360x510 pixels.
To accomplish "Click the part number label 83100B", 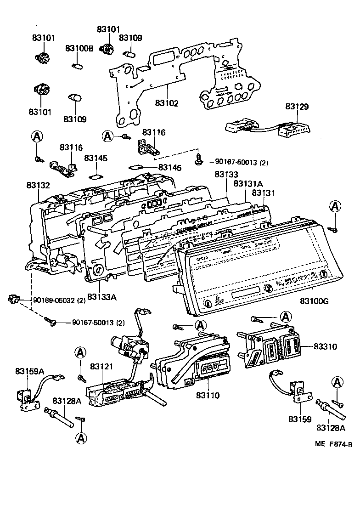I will coord(79,48).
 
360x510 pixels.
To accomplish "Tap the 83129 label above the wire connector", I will coord(297,107).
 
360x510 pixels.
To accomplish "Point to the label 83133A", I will coord(101,297).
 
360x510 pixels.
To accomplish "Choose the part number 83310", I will coord(325,346).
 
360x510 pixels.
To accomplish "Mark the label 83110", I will coord(208,395).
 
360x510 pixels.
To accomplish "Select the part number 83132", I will coord(38,185).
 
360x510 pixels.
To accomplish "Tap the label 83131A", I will coord(247,183).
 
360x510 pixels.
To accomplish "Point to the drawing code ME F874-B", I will coord(333,444).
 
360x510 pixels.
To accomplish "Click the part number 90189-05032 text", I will coord(59,300).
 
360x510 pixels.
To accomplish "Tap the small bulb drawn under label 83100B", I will coord(78,65).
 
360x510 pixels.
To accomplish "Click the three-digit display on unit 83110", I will coord(209,368).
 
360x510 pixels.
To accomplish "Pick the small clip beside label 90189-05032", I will coord(14,300).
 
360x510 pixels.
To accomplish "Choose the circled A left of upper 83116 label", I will coord(107,136).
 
